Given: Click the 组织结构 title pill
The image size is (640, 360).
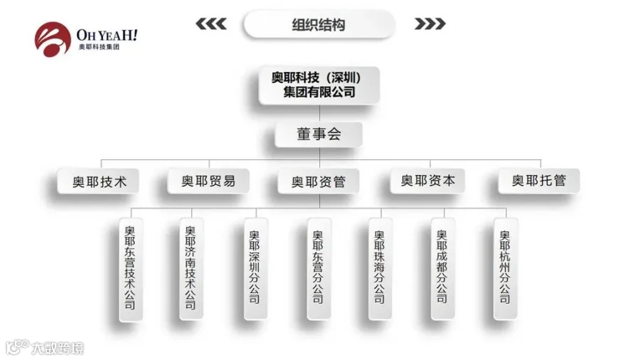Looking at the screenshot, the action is [x=319, y=24].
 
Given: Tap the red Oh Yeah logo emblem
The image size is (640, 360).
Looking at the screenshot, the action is [x=53, y=40].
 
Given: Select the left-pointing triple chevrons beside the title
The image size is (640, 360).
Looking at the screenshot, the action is [x=211, y=24].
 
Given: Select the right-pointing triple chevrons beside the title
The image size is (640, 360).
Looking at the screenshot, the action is [x=430, y=24].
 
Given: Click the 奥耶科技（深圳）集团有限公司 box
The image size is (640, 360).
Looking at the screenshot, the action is [x=319, y=85].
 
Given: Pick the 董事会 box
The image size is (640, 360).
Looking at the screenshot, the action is [x=319, y=134].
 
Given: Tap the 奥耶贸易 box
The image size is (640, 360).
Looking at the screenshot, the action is [x=208, y=181].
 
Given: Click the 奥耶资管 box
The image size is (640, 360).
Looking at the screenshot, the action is [x=319, y=181].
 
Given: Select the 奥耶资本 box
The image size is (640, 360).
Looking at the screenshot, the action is [x=427, y=181].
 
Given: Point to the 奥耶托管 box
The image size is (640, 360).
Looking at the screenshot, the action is [x=538, y=181].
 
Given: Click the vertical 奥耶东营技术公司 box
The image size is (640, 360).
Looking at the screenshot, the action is [x=129, y=268].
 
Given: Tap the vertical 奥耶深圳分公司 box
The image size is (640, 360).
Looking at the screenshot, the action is [x=254, y=268].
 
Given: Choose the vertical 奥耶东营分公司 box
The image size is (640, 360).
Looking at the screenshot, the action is [x=317, y=268].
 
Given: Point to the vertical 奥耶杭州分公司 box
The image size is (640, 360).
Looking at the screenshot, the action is [x=505, y=268].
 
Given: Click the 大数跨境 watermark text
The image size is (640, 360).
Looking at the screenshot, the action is [x=57, y=348].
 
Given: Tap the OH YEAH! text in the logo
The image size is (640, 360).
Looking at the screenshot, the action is [x=107, y=33].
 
